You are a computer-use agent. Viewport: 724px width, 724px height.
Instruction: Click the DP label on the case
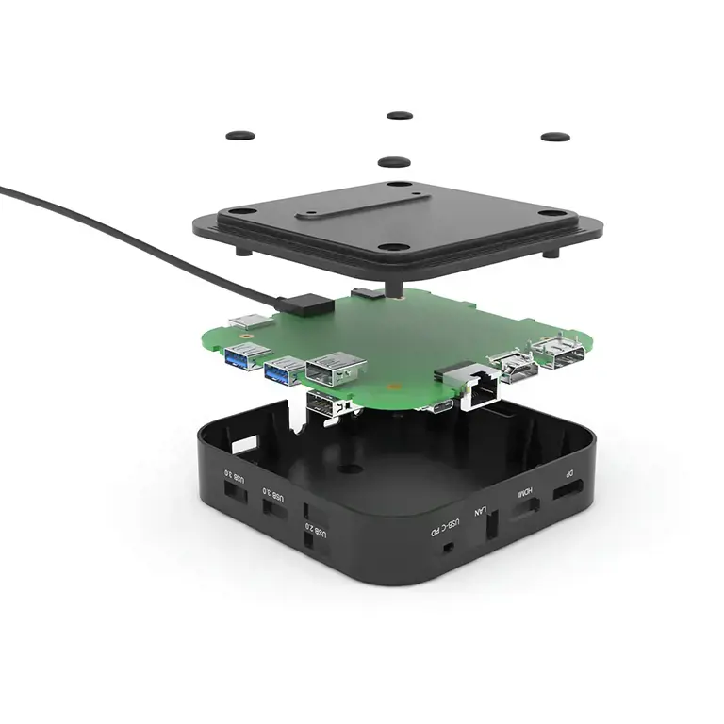pos(568,473)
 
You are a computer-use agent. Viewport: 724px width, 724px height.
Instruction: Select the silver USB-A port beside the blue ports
pos(333,367)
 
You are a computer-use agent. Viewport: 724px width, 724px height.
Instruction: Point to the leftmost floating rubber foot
pos(241,135)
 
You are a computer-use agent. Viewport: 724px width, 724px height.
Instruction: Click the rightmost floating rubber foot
pos(554,137)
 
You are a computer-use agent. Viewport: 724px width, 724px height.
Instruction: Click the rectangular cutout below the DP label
pos(567,491)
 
